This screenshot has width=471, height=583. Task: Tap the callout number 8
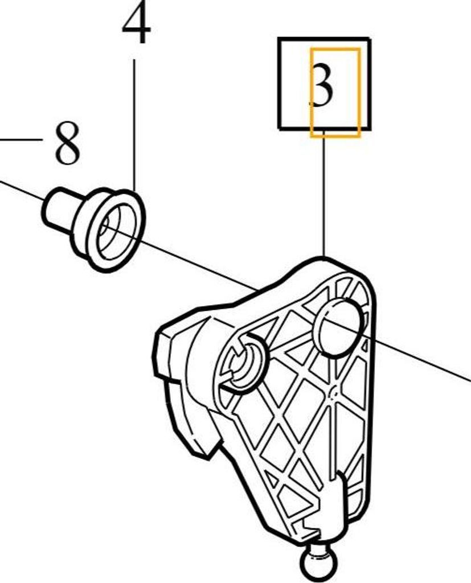coord(67,143)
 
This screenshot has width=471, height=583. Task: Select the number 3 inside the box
coord(322,85)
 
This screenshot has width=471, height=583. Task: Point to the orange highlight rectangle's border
coord(311,93)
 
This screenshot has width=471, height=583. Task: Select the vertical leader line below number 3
coord(323,193)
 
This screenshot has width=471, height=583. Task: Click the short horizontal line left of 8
coord(21,140)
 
